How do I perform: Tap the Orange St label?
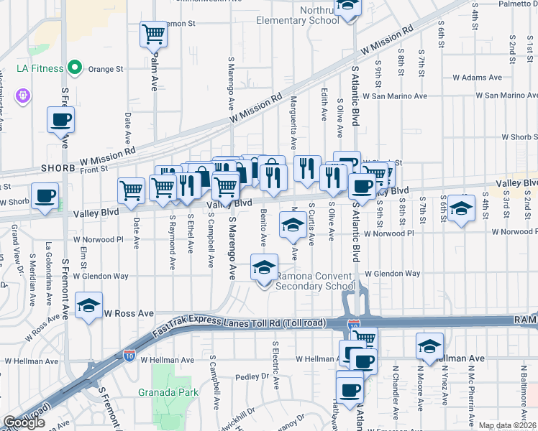pyautogui.click(x=106, y=70)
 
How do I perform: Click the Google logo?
pyautogui.click(x=24, y=422)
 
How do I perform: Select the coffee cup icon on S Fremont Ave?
pyautogui.click(x=60, y=120)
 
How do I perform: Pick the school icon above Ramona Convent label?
pyautogui.click(x=264, y=267)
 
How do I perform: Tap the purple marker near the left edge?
pyautogui.click(x=23, y=94)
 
